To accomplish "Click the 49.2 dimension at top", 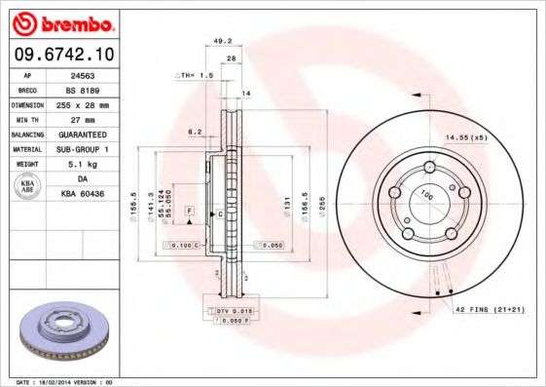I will coord(222,41).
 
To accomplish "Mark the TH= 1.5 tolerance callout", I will coord(195,75).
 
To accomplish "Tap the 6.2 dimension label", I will coord(194,131).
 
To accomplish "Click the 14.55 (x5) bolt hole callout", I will coord(465,137).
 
